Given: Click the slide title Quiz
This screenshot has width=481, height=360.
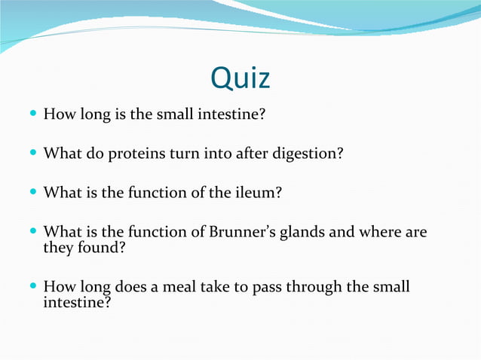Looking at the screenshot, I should click(240, 78).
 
